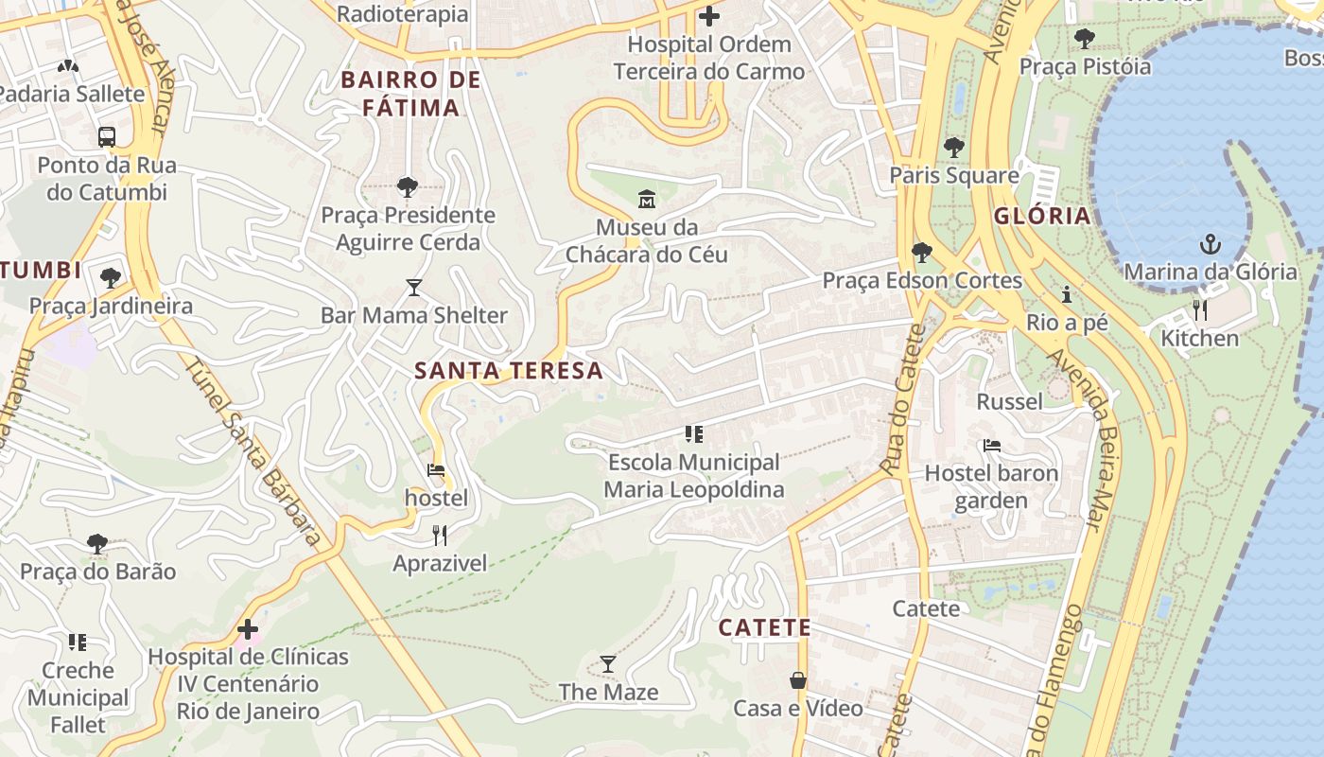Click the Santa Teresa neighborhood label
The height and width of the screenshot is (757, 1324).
(x=509, y=370)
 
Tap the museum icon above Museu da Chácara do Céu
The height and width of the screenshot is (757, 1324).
(x=647, y=199)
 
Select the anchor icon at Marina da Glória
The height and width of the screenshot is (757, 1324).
(x=1210, y=244)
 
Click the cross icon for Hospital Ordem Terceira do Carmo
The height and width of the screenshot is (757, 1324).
(x=708, y=16)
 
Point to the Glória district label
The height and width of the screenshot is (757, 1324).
(x=1042, y=216)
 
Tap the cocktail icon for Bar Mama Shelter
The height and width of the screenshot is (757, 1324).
(x=413, y=287)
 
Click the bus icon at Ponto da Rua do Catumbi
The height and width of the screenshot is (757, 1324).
(x=107, y=136)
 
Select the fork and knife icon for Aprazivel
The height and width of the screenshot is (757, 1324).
(x=440, y=536)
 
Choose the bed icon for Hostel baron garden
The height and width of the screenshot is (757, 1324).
(x=991, y=445)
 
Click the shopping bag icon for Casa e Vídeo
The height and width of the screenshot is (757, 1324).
(x=798, y=680)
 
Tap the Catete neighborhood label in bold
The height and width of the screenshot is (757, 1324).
(x=764, y=627)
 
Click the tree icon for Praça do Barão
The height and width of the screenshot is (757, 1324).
(x=96, y=543)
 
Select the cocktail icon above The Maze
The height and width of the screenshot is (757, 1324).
(x=608, y=664)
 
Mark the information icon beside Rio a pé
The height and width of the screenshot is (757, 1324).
(x=1067, y=294)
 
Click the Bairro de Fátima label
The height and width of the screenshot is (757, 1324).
(x=411, y=93)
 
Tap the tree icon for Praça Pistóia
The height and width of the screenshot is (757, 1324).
(x=1084, y=39)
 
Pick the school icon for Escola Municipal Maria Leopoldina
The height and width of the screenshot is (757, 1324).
(x=694, y=434)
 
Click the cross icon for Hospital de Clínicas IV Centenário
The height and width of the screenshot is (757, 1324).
(x=248, y=628)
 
